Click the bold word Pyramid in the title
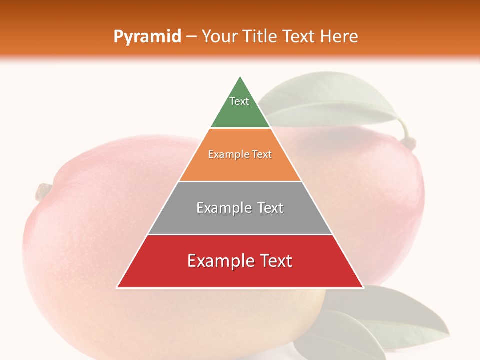pos(147,37)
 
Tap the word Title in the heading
pos(262,37)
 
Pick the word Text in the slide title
pos(299,37)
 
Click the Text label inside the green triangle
pos(239,101)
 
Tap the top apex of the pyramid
pos(240,76)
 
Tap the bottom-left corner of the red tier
pos(117,287)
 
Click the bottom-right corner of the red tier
pos(363,287)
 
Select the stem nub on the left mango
pos(43,191)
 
